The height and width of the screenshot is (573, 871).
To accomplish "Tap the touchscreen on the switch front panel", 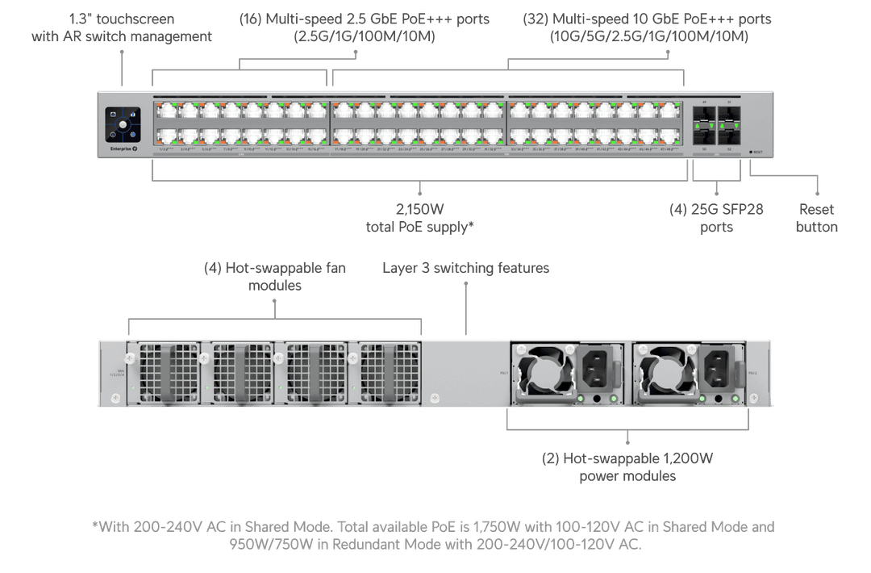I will [123, 125].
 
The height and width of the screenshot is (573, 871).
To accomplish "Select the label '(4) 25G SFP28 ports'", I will [716, 218].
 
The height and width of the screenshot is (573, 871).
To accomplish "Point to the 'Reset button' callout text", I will [816, 218].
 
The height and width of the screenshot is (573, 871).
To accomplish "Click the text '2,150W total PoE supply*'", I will [419, 219].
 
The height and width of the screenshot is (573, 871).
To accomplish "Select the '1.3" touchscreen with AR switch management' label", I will [121, 27].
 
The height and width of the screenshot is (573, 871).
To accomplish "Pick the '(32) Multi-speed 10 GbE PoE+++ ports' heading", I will [647, 27].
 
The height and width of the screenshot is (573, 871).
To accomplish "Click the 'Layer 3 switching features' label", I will [465, 267].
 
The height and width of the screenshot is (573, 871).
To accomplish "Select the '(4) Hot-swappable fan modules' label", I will [274, 276].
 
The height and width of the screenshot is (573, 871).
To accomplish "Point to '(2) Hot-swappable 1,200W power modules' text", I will [627, 467].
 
